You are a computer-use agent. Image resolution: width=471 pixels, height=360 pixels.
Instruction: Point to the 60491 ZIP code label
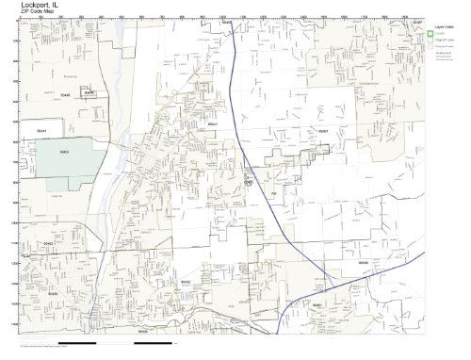point(321,129)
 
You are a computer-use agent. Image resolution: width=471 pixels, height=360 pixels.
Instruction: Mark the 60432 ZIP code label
point(186,281)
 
